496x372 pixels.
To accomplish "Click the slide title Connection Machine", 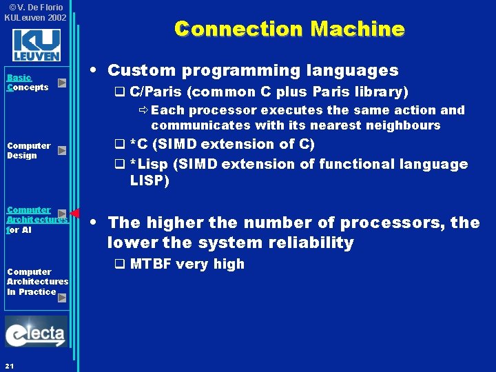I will (289, 29).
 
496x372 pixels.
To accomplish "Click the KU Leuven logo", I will (36, 45).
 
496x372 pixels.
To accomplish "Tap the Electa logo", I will (36, 333).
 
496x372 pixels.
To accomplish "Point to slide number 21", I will (8, 364).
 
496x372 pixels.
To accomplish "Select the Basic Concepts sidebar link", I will (27, 83).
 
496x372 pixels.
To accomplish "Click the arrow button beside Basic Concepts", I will (62, 83).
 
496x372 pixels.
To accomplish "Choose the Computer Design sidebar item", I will (28, 150).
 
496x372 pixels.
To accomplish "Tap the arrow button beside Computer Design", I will (62, 150).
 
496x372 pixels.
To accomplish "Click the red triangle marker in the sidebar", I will (75, 213).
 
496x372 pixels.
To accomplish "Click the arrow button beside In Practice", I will (62, 298).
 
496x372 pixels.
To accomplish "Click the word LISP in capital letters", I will (149, 180).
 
